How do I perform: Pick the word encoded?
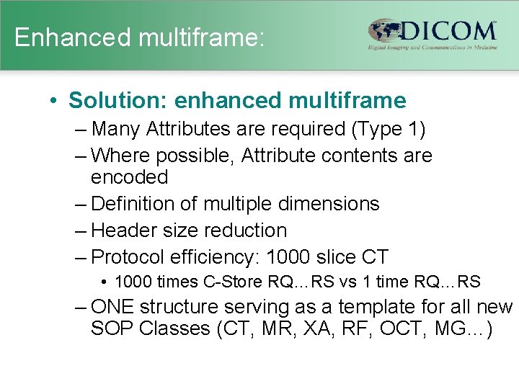tap(129, 177)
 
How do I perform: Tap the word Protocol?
tap(128, 256)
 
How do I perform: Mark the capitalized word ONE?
tap(113, 308)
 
